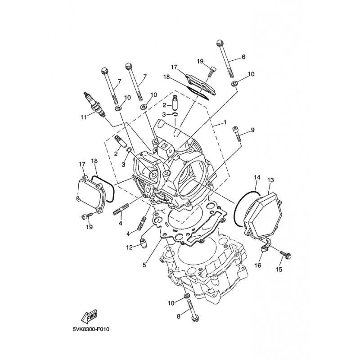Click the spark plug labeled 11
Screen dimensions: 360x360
point(95,105)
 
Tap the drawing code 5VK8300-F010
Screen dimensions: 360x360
point(91,330)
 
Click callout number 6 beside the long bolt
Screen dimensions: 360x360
point(243,57)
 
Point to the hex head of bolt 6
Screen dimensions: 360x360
point(220,43)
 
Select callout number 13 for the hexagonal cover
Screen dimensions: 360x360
point(271,180)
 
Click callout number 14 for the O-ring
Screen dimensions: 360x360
point(257,177)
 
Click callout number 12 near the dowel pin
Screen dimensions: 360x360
point(130,247)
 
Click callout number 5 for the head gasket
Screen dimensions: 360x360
point(144,265)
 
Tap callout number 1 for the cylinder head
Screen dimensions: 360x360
point(225,122)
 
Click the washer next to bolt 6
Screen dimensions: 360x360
point(234,83)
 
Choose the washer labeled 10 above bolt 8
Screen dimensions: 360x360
point(187,295)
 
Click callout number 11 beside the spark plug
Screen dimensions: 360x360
point(84,117)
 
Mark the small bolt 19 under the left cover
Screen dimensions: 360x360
point(87,216)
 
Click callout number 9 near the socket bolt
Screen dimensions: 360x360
point(252,130)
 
